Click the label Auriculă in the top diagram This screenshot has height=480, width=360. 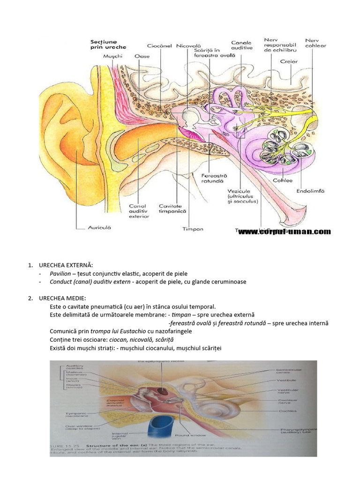(99, 228)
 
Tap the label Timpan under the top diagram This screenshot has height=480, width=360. (193, 229)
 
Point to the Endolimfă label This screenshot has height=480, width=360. (310, 191)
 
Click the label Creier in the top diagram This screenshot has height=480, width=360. (289, 61)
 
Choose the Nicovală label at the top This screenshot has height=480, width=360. (189, 46)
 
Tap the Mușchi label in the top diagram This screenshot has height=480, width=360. (113, 56)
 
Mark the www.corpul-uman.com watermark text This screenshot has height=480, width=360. (285, 232)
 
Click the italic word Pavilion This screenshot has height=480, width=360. (60, 273)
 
